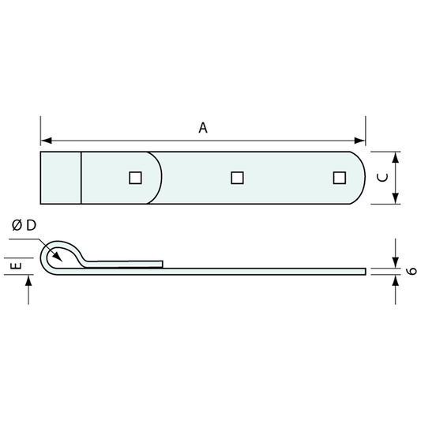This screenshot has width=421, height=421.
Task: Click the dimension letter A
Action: [x=203, y=128]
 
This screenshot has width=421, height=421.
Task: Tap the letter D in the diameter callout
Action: [x=32, y=225]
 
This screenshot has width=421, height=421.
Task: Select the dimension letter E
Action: [x=16, y=266]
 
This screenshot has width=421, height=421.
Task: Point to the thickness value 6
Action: [x=412, y=271]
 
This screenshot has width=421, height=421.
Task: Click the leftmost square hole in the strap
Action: [x=135, y=178]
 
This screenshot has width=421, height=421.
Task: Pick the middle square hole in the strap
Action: [x=237, y=178]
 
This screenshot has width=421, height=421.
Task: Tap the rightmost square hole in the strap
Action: [x=340, y=178]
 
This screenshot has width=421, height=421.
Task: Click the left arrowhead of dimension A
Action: [x=46, y=141]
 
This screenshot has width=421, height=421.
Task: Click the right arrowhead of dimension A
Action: [x=359, y=141]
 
